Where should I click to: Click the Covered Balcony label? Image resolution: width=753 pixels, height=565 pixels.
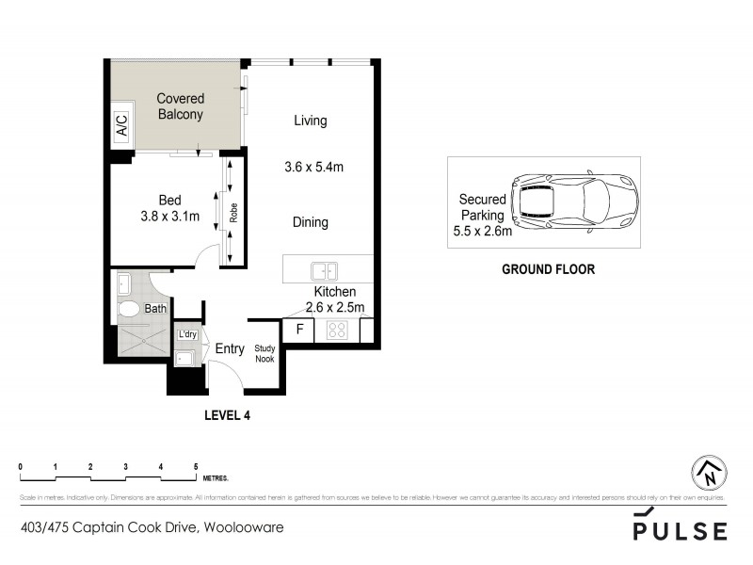pyautogui.click(x=180, y=106)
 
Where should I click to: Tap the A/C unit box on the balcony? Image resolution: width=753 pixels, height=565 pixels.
pyautogui.click(x=121, y=126)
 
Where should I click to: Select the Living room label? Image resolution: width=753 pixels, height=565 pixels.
pyautogui.click(x=310, y=121)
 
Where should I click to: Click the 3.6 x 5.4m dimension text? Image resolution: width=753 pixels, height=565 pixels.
pyautogui.click(x=313, y=168)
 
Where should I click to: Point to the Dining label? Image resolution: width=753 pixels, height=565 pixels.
pyautogui.click(x=310, y=222)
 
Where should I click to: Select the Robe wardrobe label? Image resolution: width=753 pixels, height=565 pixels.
pyautogui.click(x=232, y=213)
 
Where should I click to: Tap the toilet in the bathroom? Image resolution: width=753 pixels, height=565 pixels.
pyautogui.click(x=127, y=308)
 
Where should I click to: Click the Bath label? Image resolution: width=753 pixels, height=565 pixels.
pyautogui.click(x=155, y=308)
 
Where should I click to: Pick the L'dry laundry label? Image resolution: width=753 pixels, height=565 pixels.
pyautogui.click(x=187, y=335)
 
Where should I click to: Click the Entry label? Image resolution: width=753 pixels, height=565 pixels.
pyautogui.click(x=230, y=348)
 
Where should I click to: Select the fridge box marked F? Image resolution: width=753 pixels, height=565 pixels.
pyautogui.click(x=299, y=330)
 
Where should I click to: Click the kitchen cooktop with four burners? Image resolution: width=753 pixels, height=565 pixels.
pyautogui.click(x=337, y=330)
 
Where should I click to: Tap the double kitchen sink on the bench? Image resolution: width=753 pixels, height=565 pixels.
pyautogui.click(x=325, y=271)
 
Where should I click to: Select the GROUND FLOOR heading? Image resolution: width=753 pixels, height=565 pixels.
pyautogui.click(x=548, y=268)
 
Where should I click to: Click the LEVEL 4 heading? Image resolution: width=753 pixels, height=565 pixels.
pyautogui.click(x=227, y=413)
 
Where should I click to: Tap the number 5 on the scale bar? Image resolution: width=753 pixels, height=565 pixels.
pyautogui.click(x=196, y=466)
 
